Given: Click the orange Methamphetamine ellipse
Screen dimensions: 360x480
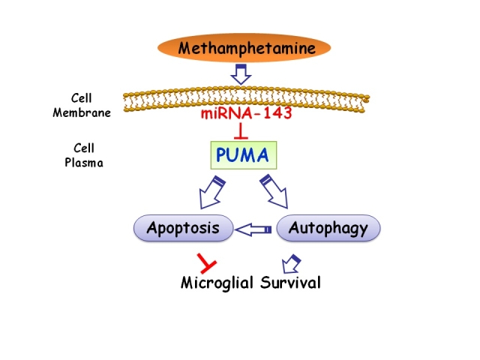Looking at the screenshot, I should click(244, 49).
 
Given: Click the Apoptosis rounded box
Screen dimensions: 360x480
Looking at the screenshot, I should click(183, 228).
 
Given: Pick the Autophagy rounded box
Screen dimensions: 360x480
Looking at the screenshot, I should click(328, 228).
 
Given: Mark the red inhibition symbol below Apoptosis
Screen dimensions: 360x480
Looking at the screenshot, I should click(205, 262).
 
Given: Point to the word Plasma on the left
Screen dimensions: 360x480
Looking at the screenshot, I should click(82, 160).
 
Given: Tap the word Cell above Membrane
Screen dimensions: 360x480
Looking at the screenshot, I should click(82, 98).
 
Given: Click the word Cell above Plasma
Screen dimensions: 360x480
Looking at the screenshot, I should click(82, 148).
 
